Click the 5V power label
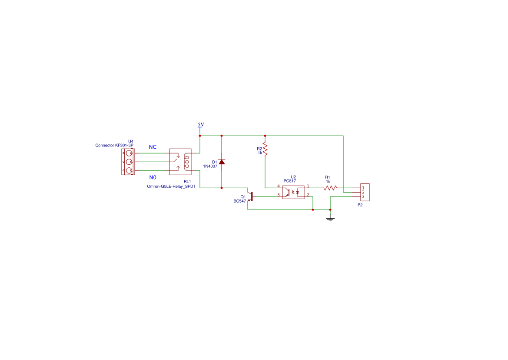click(201, 124)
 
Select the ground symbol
click(330, 219)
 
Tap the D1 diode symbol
click(222, 162)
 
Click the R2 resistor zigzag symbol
click(265, 150)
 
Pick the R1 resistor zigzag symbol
click(330, 188)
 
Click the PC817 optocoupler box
click(293, 192)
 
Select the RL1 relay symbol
click(180, 162)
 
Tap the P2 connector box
click(365, 192)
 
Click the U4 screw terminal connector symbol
click(128, 162)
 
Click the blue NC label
click(153, 147)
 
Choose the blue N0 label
click(153, 177)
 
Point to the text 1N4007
click(210, 166)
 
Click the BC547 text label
click(239, 201)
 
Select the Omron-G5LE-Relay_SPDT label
click(171, 186)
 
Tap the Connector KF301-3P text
click(114, 145)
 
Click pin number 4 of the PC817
click(279, 187)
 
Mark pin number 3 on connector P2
click(363, 197)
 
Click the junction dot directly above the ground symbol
click(330, 210)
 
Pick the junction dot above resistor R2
click(265, 136)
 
